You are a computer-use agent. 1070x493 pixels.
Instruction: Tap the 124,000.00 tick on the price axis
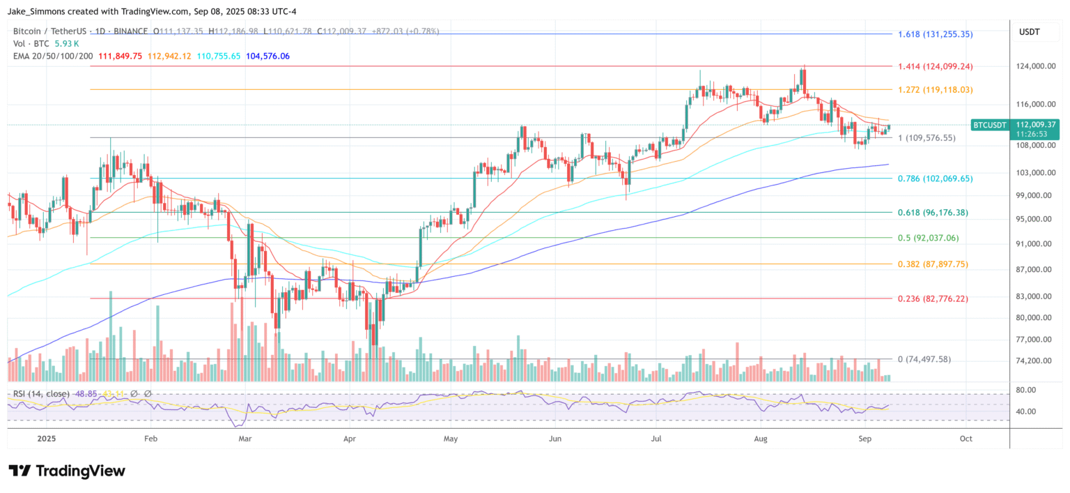point(1035,66)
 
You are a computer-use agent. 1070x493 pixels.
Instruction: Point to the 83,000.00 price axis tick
point(1034,296)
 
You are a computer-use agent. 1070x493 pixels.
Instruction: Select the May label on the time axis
point(450,439)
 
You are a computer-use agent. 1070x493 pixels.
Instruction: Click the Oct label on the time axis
point(966,439)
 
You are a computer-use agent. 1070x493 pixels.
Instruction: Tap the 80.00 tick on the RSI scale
point(1026,390)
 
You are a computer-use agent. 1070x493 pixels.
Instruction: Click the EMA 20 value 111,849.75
point(119,56)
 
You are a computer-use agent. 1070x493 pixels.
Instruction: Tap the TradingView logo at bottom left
point(67,471)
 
